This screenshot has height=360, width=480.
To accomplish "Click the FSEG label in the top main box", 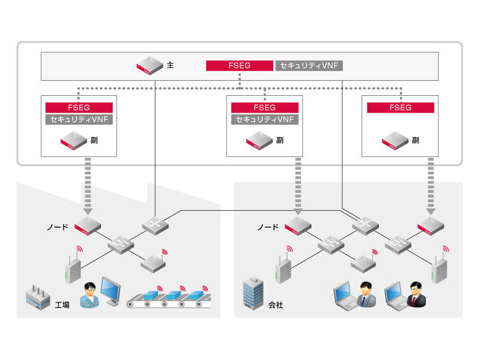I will pyautogui.click(x=239, y=66).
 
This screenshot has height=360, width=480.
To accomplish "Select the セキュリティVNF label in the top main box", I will pyautogui.click(x=309, y=66).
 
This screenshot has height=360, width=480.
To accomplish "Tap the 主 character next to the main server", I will pyautogui.click(x=170, y=66).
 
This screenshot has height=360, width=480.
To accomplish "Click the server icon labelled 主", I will pyautogui.click(x=149, y=65).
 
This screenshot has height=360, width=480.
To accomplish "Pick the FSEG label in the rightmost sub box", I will pyautogui.click(x=400, y=107).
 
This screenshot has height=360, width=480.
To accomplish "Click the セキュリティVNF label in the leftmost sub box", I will pyautogui.click(x=78, y=120).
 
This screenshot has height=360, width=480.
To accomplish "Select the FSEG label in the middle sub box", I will pyautogui.click(x=264, y=107).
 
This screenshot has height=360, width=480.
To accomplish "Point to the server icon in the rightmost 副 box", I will pyautogui.click(x=396, y=141).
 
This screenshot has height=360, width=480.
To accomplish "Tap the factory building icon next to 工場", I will pyautogui.click(x=39, y=297).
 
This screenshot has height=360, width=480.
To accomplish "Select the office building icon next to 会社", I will pyautogui.click(x=254, y=293).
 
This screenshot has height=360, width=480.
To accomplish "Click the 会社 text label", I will pyautogui.click(x=276, y=304).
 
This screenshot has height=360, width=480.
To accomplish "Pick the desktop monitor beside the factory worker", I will pyautogui.click(x=112, y=291).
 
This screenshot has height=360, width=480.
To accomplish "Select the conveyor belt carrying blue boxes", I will pyautogui.click(x=169, y=298).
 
